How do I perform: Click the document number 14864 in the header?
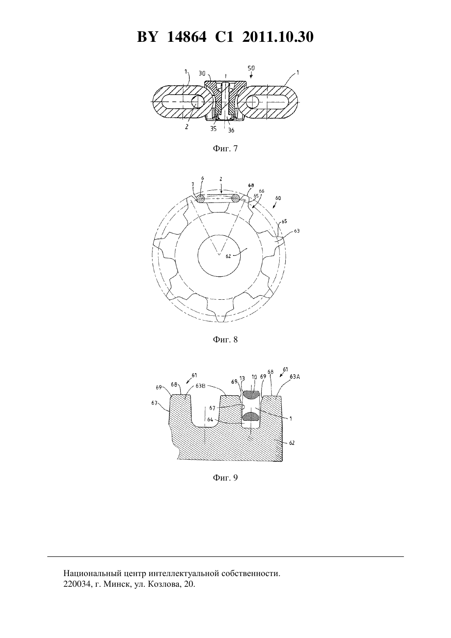pos(187,37)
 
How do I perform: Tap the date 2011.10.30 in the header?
pos(278,37)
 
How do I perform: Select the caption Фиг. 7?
pos(225,149)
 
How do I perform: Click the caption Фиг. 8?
pos(225,340)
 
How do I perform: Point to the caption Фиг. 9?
pos(225,478)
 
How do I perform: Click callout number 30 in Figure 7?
pos(202,73)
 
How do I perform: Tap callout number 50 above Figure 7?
pos(251,68)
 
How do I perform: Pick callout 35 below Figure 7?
pos(213,129)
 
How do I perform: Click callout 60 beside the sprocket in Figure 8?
pos(278,198)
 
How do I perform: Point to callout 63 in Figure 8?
pos(297,231)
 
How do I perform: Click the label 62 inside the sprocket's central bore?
pos(228,256)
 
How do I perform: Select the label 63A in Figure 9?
pos(295,376)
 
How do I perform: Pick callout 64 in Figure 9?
pos(210,419)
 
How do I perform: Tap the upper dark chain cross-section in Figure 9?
pos(251,394)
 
